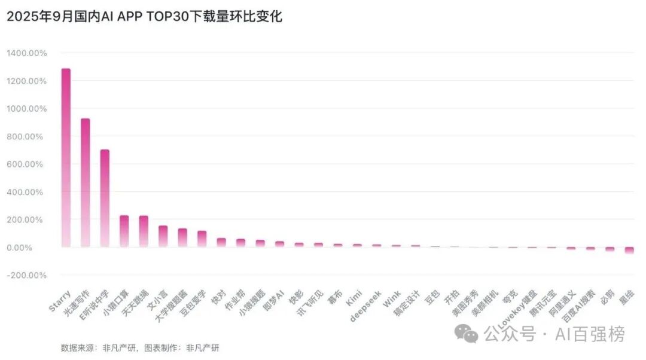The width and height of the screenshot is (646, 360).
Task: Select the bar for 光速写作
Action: pyautogui.click(x=86, y=182)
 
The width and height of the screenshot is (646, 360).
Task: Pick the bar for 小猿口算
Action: pyautogui.click(x=124, y=231)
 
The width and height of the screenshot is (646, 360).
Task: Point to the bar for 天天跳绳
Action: pyautogui.click(x=144, y=231)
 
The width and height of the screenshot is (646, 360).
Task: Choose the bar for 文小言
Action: pyautogui.click(x=163, y=236)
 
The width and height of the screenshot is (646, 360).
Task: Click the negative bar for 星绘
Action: pyautogui.click(x=629, y=251)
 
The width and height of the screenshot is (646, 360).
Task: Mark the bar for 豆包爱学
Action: pyautogui.click(x=202, y=239)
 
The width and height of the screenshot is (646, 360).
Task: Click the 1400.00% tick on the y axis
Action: pyautogui.click(x=27, y=53)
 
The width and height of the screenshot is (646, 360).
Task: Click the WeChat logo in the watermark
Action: pyautogui.click(x=466, y=334)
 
